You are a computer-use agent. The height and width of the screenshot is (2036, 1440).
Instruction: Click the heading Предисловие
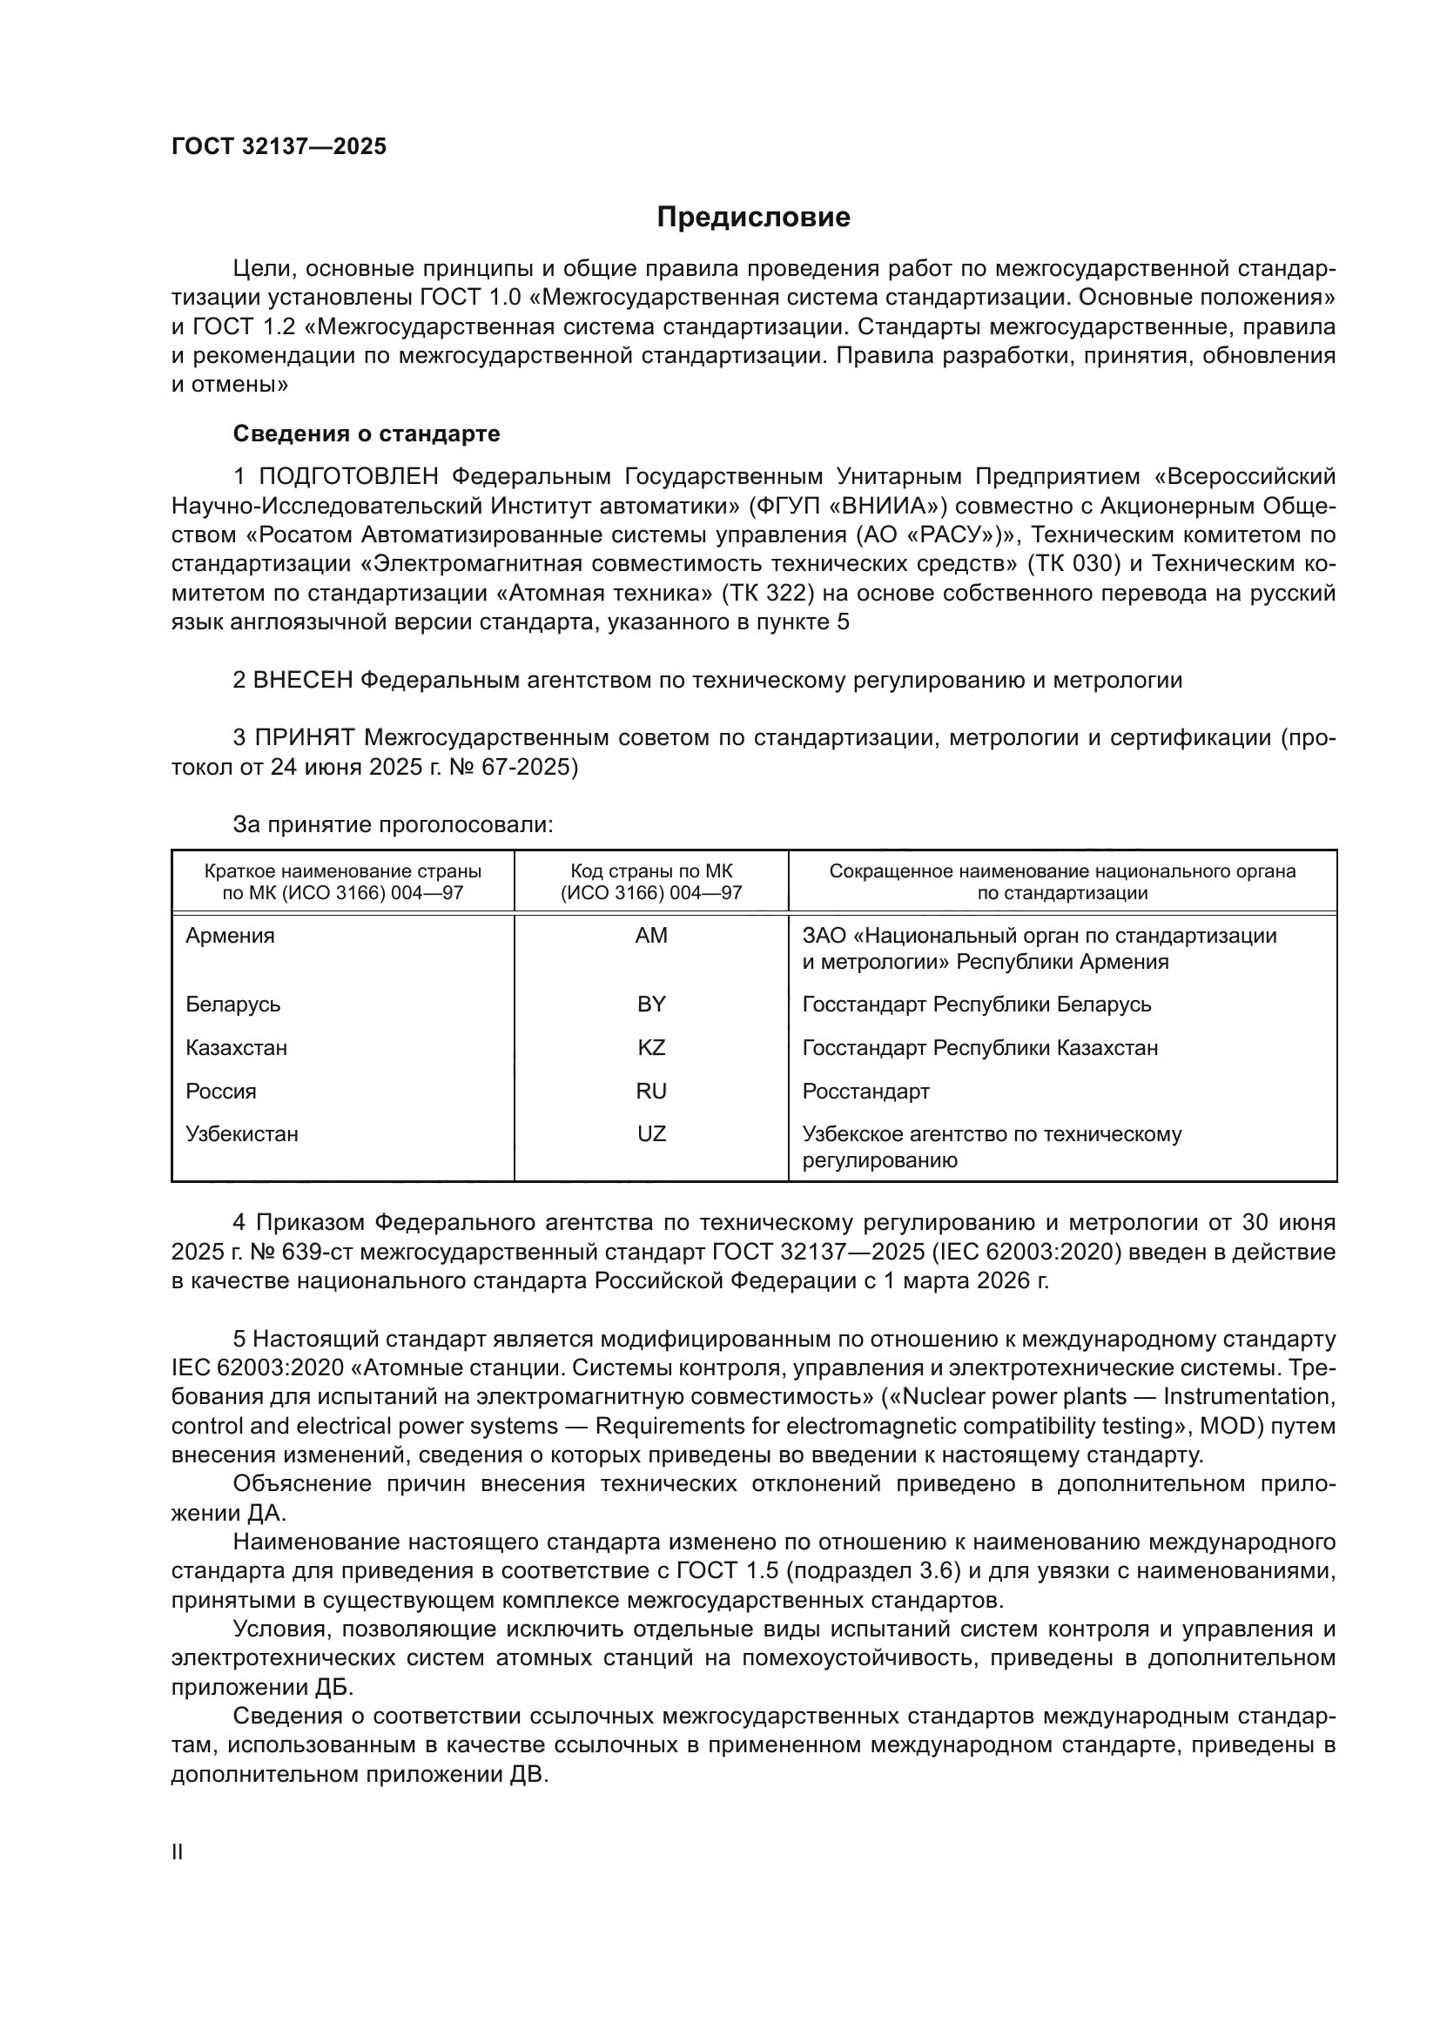(753, 218)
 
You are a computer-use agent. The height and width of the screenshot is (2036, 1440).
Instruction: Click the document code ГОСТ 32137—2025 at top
(279, 146)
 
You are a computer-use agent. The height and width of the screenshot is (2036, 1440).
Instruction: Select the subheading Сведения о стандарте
(367, 433)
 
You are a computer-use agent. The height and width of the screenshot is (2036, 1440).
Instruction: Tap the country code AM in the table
(651, 936)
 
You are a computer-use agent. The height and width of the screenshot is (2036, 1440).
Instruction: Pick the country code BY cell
(651, 1005)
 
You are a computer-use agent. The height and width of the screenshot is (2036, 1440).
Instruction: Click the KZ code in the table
(651, 1048)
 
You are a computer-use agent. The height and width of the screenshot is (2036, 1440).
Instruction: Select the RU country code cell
(651, 1092)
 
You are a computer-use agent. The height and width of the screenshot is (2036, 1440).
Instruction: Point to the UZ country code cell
(651, 1134)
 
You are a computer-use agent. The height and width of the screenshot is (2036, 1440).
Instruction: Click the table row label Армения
(231, 936)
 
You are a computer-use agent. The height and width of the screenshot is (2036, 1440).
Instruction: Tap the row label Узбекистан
(242, 1134)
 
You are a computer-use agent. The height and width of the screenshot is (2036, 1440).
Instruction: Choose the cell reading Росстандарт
(865, 1092)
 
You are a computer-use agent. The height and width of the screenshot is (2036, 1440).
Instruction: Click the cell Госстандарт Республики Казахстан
(979, 1048)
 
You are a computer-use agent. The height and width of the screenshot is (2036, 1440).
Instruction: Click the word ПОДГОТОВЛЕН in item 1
(347, 477)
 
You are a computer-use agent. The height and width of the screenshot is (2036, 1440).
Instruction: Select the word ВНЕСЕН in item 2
(303, 680)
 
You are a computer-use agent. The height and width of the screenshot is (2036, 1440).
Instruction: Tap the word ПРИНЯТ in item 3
(305, 738)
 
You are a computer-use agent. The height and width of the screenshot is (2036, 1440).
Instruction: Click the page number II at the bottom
(178, 1852)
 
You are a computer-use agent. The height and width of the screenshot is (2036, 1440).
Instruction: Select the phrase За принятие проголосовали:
(393, 824)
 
